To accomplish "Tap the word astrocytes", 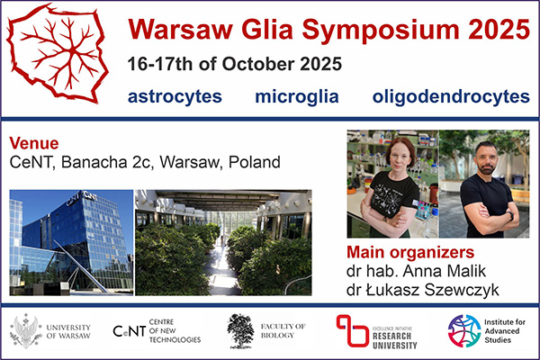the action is pyautogui.click(x=175, y=96).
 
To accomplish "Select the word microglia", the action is pyautogui.click(x=297, y=96).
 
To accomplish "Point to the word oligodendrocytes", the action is pyautogui.click(x=451, y=96).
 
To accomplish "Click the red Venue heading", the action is pyautogui.click(x=34, y=143).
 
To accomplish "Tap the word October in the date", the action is pyautogui.click(x=258, y=64).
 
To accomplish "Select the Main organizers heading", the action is pyautogui.click(x=410, y=253).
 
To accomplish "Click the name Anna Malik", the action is pyautogui.click(x=445, y=271).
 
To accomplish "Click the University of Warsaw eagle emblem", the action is pyautogui.click(x=26, y=330).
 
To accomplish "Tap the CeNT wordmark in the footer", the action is pyautogui.click(x=130, y=331).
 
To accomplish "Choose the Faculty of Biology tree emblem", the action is pyautogui.click(x=240, y=330).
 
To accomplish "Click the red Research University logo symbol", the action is pyautogui.click(x=352, y=330).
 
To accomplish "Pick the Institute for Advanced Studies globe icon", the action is pyautogui.click(x=463, y=330).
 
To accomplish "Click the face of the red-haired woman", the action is pyautogui.click(x=400, y=156).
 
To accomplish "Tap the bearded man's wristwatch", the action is pyautogui.click(x=510, y=216).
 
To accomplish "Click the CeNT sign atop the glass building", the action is pyautogui.click(x=82, y=198).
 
